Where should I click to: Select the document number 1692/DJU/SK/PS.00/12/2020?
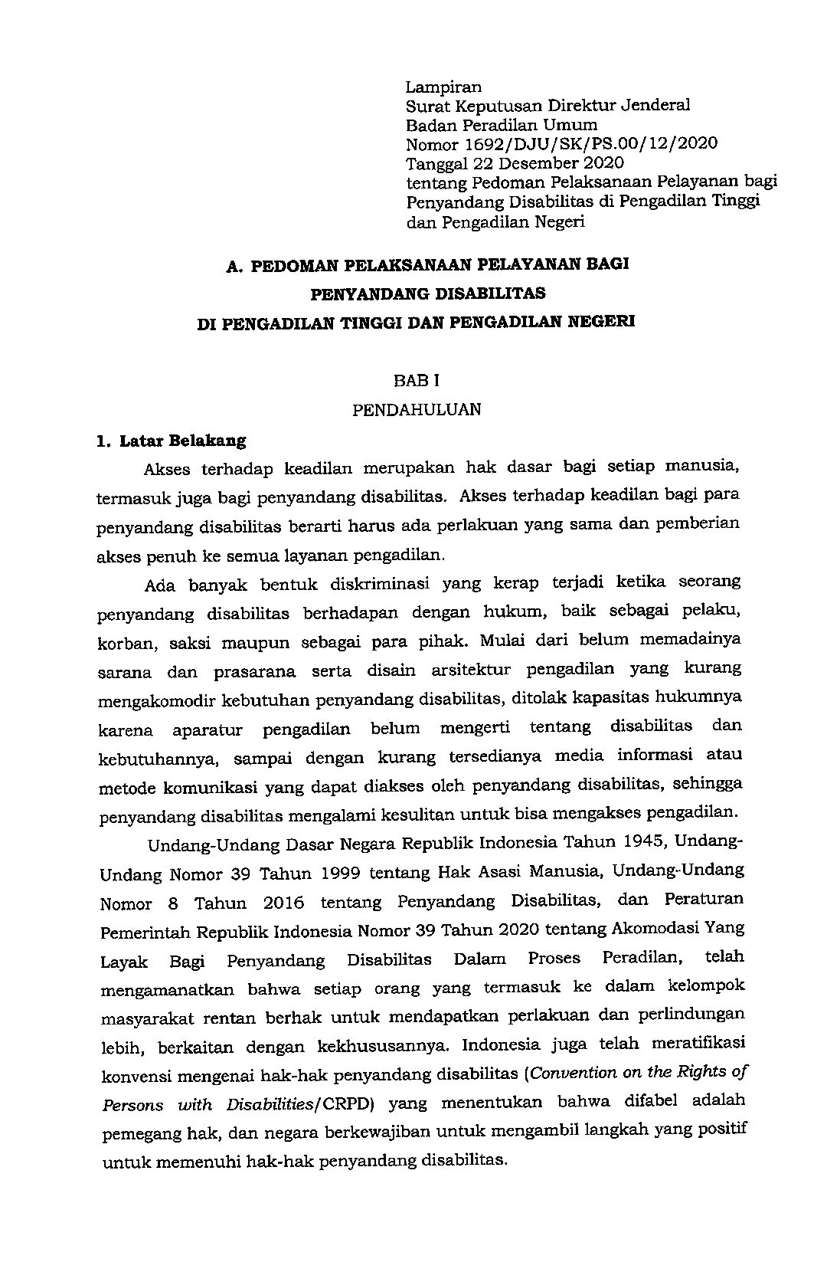point(590,144)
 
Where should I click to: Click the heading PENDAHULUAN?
point(417,410)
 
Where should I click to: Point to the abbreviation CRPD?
point(354,1106)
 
